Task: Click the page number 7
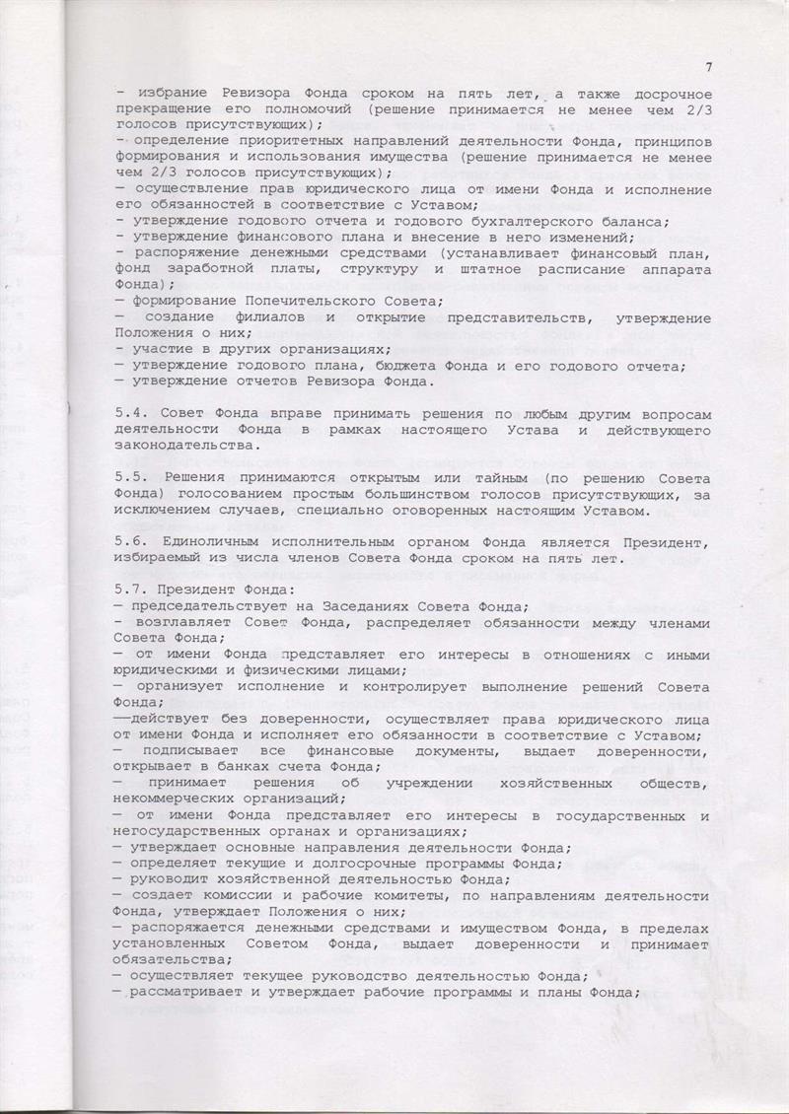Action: click(709, 67)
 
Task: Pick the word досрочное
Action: click(660, 94)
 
